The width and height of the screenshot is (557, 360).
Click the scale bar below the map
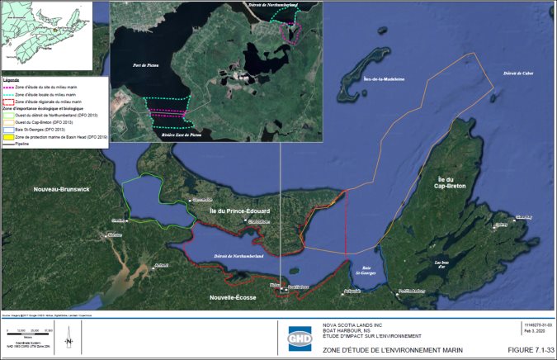click(27, 333)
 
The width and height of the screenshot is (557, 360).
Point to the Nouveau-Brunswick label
click(61, 190)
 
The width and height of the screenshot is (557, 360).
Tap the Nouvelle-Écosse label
click(233, 296)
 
